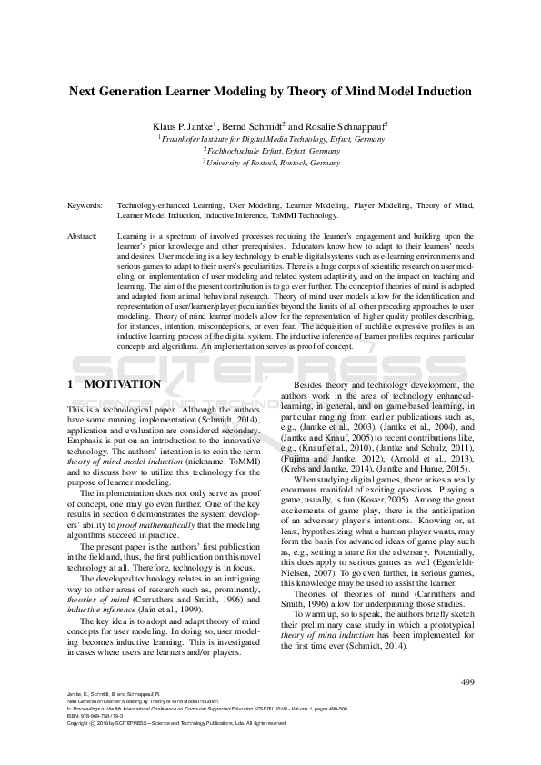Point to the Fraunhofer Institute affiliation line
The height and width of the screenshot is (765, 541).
(270, 139)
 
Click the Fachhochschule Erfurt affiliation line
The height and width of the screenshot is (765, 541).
(270, 151)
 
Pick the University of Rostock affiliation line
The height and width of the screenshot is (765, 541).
(270, 163)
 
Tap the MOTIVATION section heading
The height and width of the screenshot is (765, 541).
(122, 384)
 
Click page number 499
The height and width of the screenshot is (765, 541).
(468, 681)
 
